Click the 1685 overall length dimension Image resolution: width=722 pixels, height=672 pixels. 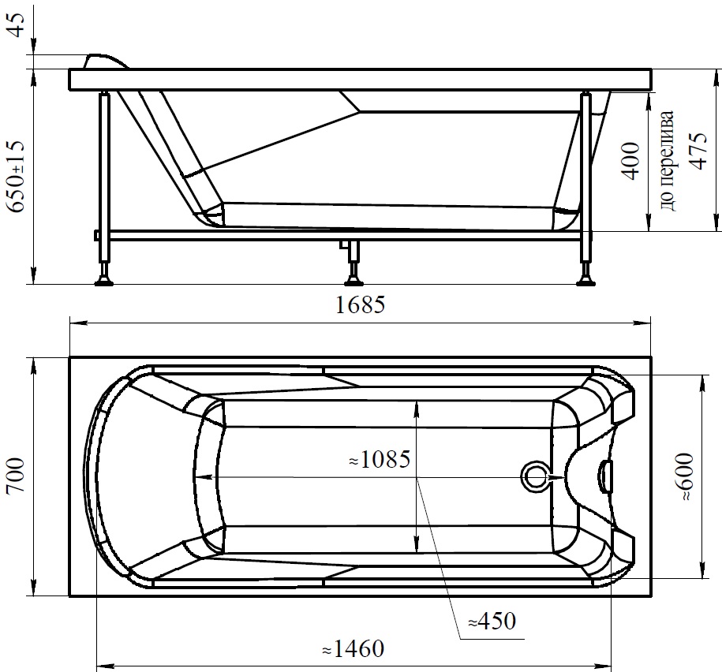point(360,304)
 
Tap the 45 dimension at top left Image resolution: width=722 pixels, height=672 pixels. point(18,25)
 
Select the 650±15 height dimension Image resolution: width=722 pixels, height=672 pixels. point(17,177)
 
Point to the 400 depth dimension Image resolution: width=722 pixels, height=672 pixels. point(630,161)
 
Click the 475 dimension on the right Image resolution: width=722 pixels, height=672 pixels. point(698,151)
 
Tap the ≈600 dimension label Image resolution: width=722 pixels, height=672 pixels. point(686,477)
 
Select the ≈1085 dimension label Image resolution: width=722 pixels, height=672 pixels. point(380,459)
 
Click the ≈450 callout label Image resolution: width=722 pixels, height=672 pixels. point(492,622)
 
